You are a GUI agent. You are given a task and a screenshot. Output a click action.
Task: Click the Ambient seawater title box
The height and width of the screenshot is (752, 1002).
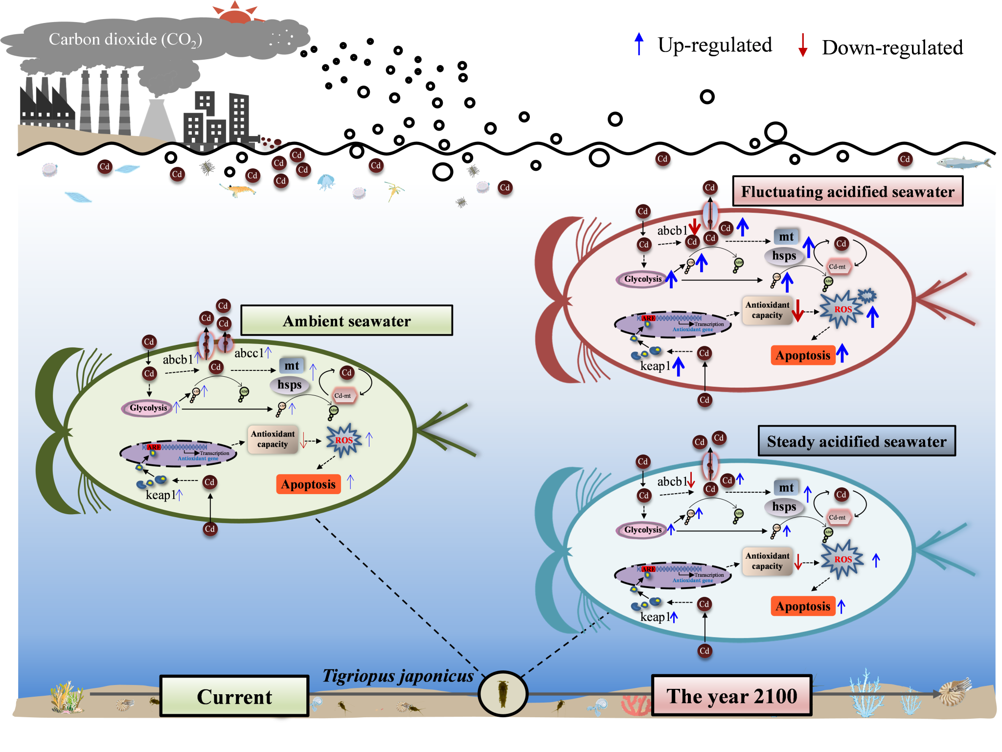(x=346, y=320)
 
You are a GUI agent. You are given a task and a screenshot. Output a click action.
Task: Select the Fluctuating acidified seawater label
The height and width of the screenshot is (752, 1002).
(x=847, y=191)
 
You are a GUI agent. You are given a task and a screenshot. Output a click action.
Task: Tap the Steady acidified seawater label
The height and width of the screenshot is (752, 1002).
(x=856, y=441)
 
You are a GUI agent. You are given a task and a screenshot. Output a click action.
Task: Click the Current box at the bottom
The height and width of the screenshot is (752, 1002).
(x=234, y=696)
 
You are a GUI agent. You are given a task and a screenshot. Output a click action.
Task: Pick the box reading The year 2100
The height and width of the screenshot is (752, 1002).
(x=731, y=696)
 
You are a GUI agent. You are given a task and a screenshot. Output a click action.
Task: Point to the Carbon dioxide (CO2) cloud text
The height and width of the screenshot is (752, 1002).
(x=125, y=39)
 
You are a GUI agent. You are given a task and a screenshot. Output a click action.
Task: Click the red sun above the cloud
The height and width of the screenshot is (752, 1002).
(x=235, y=14)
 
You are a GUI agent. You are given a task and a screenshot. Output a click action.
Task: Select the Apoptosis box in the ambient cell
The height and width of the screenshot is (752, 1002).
(x=308, y=484)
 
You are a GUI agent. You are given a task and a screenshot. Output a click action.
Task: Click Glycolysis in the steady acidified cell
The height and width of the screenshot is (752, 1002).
(x=642, y=530)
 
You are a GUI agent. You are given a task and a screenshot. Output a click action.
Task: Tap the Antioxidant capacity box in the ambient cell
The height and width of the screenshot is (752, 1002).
(x=273, y=439)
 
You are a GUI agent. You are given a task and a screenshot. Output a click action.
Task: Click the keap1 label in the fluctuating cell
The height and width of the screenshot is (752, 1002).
(x=656, y=366)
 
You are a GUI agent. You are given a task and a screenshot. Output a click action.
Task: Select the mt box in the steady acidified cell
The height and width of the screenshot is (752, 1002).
(x=786, y=487)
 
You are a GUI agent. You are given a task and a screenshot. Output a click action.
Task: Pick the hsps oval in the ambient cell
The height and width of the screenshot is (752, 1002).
(x=290, y=385)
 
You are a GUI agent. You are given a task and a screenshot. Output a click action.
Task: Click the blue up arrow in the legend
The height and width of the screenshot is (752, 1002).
(x=638, y=44)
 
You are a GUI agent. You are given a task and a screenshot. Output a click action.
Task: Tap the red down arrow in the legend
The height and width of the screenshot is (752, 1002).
(x=802, y=45)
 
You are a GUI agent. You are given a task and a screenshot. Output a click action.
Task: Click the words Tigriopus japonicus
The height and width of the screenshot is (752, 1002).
(x=398, y=676)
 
